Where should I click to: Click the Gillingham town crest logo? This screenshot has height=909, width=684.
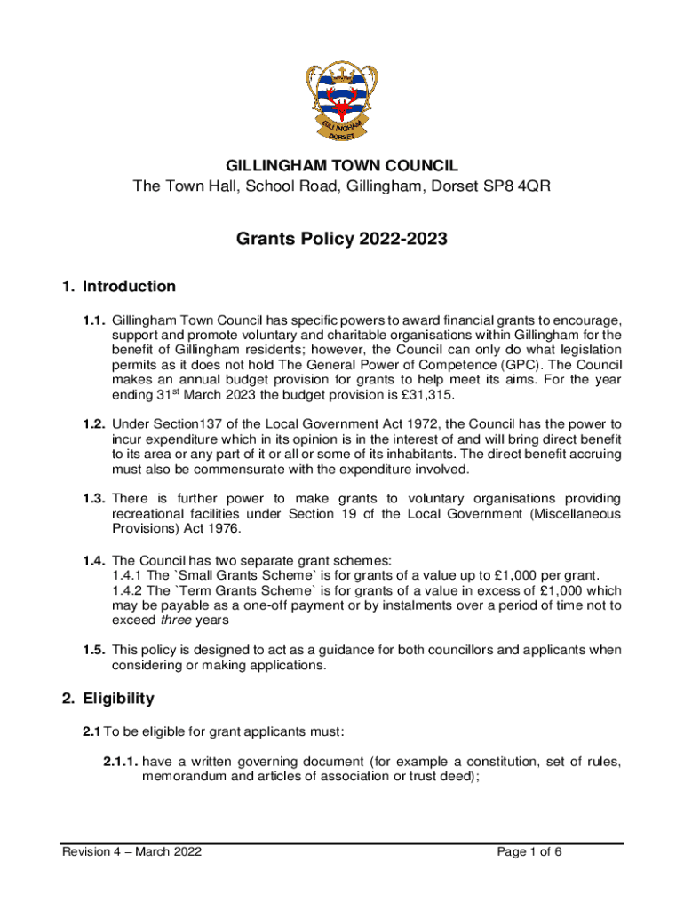(342, 101)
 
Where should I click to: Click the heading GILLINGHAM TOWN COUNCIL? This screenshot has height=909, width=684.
(342, 166)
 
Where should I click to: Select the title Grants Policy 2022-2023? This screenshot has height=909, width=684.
(342, 239)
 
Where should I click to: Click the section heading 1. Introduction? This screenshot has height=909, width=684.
(119, 287)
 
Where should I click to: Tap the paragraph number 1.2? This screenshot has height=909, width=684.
(96, 423)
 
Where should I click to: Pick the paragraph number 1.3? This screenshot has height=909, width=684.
(96, 500)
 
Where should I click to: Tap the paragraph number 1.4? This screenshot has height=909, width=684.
(96, 560)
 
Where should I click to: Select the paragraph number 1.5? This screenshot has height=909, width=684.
(96, 650)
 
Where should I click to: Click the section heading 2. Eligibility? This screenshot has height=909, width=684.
(107, 699)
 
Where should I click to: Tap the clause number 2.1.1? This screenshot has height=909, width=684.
(119, 761)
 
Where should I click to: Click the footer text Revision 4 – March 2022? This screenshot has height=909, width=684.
(131, 852)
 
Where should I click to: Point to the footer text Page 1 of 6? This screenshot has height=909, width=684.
(530, 852)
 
